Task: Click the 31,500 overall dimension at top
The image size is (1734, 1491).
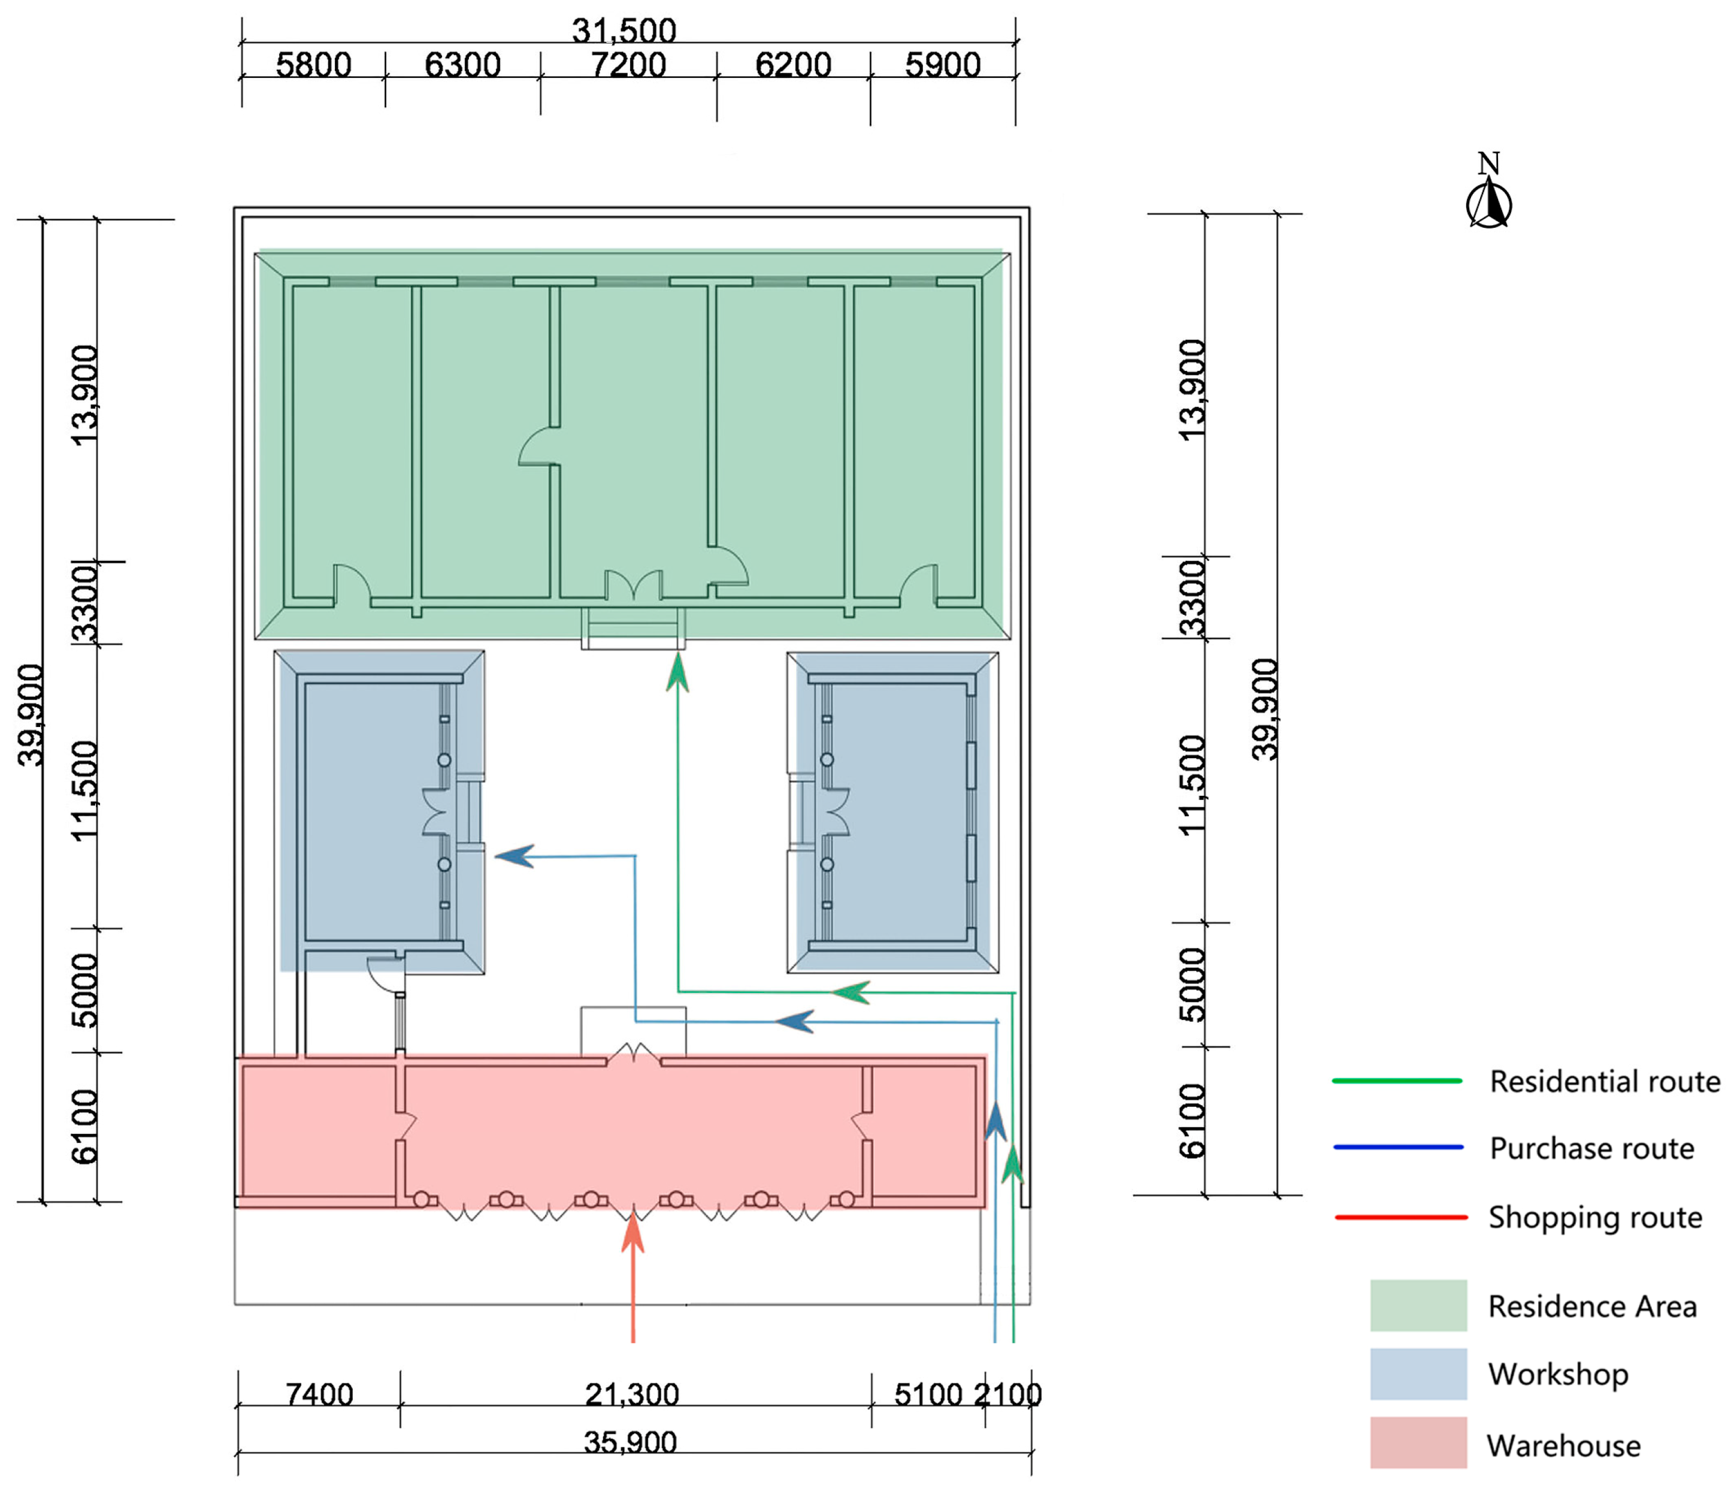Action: [624, 31]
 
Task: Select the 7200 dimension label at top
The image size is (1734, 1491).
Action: [628, 65]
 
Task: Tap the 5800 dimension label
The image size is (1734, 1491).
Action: [313, 65]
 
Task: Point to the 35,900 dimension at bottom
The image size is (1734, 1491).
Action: [630, 1442]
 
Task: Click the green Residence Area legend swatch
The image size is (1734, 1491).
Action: [1418, 1305]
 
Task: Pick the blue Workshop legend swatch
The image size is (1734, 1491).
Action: [1418, 1374]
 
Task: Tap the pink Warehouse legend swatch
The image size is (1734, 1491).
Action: [1418, 1442]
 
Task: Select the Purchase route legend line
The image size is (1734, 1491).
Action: [1397, 1147]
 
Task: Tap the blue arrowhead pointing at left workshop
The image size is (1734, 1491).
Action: [514, 856]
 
